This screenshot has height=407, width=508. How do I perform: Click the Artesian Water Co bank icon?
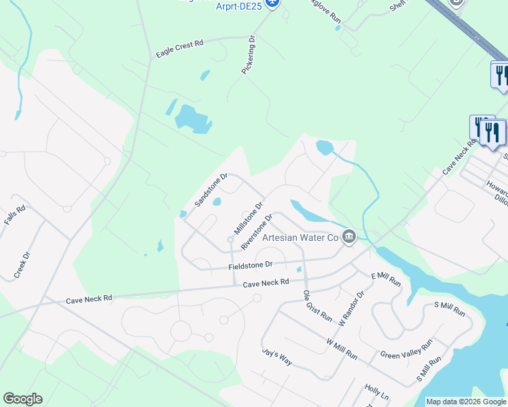(x=349, y=237)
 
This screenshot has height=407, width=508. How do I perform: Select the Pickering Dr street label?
(x=249, y=55)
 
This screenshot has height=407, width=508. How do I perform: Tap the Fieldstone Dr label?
(x=250, y=265)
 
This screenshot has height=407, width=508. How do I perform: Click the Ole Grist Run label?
(x=317, y=306)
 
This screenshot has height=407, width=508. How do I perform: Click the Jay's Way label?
(x=277, y=357)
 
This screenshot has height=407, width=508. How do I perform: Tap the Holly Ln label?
(x=377, y=392)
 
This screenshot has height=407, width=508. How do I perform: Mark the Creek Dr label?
(x=22, y=265)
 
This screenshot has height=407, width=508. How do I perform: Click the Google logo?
(x=22, y=399)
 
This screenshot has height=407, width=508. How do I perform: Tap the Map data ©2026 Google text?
(x=466, y=402)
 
